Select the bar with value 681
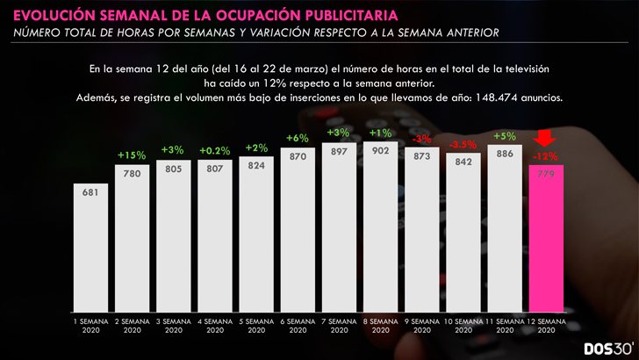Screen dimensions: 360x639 (90, 250)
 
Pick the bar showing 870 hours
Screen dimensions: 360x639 (298, 233)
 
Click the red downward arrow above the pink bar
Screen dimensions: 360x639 (546, 139)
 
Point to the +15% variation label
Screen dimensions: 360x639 (132, 155)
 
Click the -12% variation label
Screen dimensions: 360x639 (546, 156)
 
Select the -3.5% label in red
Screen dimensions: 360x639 (463, 143)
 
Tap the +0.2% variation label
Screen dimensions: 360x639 (215, 150)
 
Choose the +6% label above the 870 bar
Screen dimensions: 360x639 (298, 138)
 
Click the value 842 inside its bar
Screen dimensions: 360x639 (463, 161)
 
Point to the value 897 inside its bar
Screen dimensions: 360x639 (339, 150)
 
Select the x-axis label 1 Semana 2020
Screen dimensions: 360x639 (90, 326)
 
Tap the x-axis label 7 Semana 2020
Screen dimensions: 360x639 (339, 326)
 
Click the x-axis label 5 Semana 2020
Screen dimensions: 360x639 (256, 326)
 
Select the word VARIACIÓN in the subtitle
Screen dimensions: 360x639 (291, 32)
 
